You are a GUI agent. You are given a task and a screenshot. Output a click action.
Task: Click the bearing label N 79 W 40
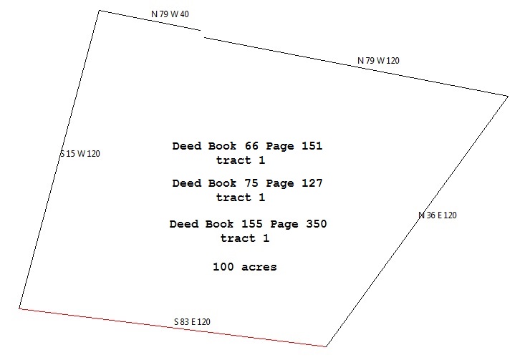170,14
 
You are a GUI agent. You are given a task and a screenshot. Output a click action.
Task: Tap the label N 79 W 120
378,61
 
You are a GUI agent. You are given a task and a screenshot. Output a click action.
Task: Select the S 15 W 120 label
80,154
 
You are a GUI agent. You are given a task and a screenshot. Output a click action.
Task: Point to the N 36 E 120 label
437,215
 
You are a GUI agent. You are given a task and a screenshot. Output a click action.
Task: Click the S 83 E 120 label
192,322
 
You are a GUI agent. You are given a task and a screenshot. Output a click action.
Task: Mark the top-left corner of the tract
99,11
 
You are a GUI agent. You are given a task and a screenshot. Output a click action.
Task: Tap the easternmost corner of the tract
508,95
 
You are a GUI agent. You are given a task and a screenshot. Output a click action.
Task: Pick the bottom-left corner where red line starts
19,308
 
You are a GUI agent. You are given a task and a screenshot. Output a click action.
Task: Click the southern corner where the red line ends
327,346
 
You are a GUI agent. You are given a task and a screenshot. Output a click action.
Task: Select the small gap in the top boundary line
201,33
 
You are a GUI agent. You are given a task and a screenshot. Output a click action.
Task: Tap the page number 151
312,146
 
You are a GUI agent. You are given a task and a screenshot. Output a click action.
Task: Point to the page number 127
312,183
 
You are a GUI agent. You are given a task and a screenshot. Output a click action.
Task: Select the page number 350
316,224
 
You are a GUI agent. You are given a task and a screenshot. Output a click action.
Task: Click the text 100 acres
245,267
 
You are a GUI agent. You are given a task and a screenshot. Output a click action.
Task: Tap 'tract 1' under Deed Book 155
245,238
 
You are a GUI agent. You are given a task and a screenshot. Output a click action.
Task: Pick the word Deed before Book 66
186,146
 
